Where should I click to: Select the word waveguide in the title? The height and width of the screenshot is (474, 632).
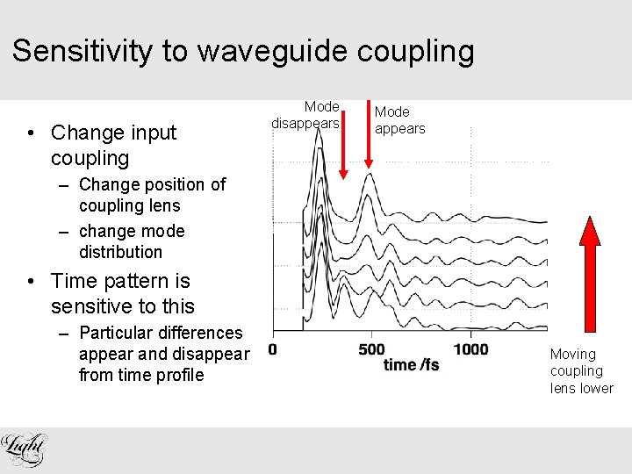pyautogui.click(x=273, y=51)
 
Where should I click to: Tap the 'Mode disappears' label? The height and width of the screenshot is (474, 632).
pyautogui.click(x=305, y=115)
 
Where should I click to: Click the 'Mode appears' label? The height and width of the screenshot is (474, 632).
pyautogui.click(x=399, y=120)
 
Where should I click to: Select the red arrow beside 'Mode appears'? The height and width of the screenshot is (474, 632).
pyautogui.click(x=368, y=132)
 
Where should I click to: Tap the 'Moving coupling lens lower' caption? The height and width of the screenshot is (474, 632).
pyautogui.click(x=581, y=371)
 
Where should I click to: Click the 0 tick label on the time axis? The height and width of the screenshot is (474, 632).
pyautogui.click(x=272, y=349)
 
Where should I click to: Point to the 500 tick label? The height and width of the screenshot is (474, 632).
pyautogui.click(x=371, y=349)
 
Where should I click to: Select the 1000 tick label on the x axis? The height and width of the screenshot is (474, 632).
pyautogui.click(x=470, y=349)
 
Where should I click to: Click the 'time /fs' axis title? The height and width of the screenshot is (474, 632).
pyautogui.click(x=411, y=364)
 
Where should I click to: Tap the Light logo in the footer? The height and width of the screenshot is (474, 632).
pyautogui.click(x=25, y=449)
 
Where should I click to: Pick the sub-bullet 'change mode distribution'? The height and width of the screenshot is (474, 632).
pyautogui.click(x=131, y=241)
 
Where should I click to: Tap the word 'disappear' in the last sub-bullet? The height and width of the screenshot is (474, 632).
pyautogui.click(x=214, y=354)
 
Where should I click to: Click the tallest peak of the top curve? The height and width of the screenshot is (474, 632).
pyautogui.click(x=313, y=143)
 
